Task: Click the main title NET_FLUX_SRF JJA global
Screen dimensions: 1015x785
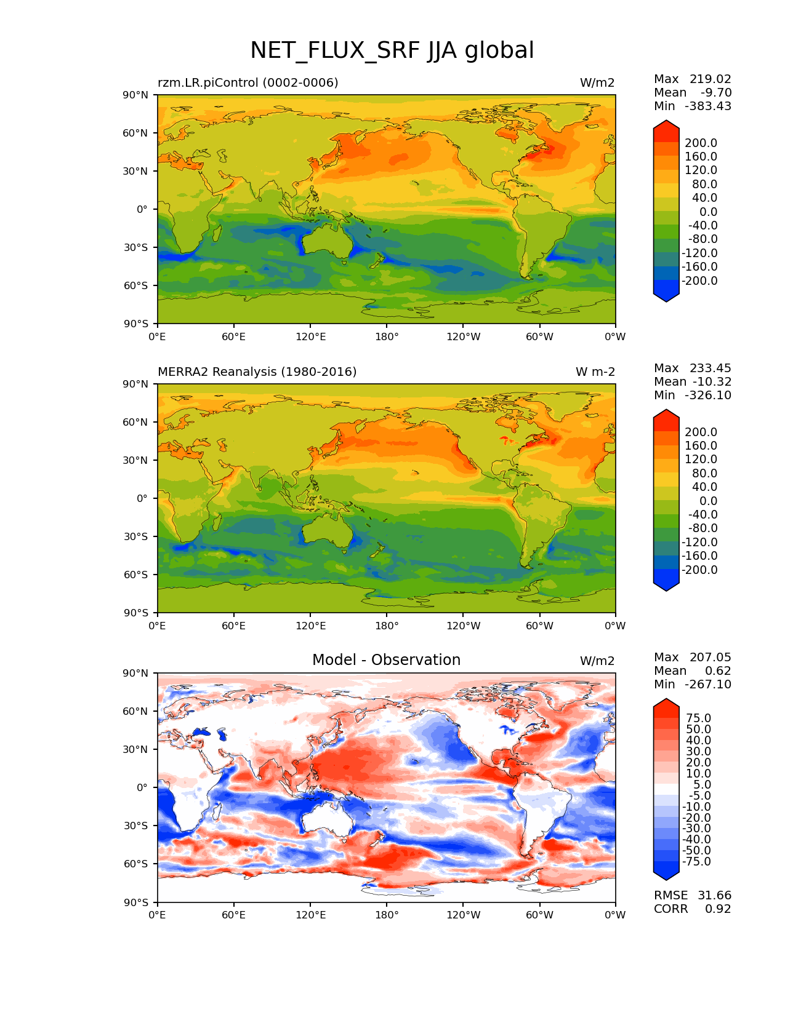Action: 392,50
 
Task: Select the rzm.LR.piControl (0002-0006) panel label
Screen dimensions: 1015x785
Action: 248,82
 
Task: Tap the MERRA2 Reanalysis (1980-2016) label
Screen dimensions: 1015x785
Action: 257,372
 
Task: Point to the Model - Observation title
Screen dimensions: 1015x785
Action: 386,660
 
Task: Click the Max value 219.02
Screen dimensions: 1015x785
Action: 710,79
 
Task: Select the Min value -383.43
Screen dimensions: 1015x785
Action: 708,106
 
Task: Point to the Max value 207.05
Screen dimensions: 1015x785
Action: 710,657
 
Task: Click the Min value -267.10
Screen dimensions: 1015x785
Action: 708,684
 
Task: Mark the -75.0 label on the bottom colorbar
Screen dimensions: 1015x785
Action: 696,861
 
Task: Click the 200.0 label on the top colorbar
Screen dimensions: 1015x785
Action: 701,143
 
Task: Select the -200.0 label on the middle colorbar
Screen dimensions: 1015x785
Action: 699,570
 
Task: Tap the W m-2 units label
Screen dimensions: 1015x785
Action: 595,372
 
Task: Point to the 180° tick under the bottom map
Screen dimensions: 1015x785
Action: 387,915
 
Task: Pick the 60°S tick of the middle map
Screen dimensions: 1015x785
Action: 136,575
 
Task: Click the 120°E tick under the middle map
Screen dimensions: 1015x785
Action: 310,626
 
